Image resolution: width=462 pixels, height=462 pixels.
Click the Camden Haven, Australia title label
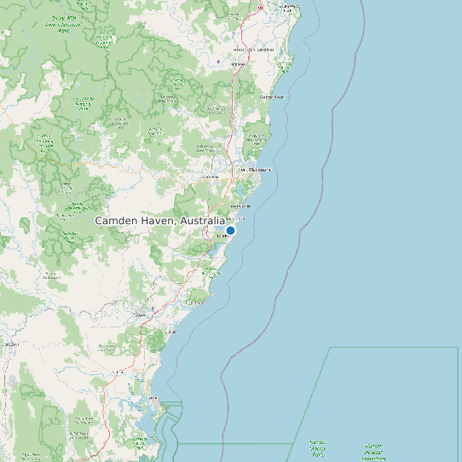[x=159, y=221]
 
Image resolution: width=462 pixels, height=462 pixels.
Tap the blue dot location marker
[x=230, y=230]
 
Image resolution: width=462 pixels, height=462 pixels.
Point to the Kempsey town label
[x=247, y=49]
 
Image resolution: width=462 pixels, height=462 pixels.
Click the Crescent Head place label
[x=271, y=96]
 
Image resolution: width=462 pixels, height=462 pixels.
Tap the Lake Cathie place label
[x=241, y=205]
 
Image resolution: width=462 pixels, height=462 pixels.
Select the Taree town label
[x=141, y=315]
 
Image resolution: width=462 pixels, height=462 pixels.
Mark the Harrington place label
[x=199, y=302]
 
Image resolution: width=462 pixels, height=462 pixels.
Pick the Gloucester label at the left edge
[x=10, y=344]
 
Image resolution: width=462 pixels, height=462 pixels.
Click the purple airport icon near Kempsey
[x=219, y=61]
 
